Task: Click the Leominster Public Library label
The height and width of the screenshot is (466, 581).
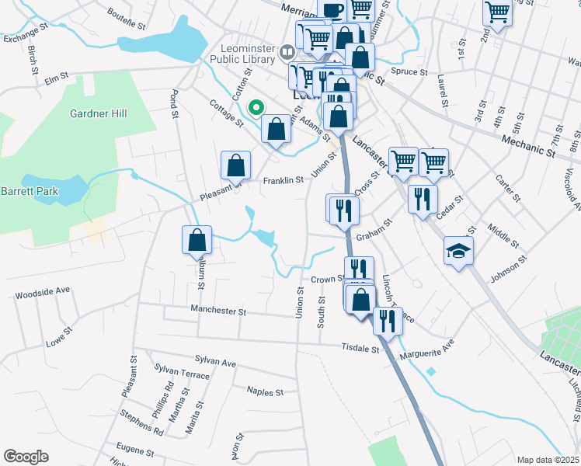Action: (x=243, y=53)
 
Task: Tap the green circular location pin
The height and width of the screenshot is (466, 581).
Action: (x=255, y=108)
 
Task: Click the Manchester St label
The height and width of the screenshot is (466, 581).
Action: (x=219, y=311)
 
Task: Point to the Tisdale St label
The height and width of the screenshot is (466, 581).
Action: (x=363, y=349)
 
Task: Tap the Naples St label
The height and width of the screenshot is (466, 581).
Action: (x=265, y=392)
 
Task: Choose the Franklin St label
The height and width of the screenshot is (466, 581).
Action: (x=282, y=181)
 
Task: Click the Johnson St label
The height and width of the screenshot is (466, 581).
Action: (x=508, y=268)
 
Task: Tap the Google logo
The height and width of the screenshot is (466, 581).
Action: (x=26, y=457)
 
